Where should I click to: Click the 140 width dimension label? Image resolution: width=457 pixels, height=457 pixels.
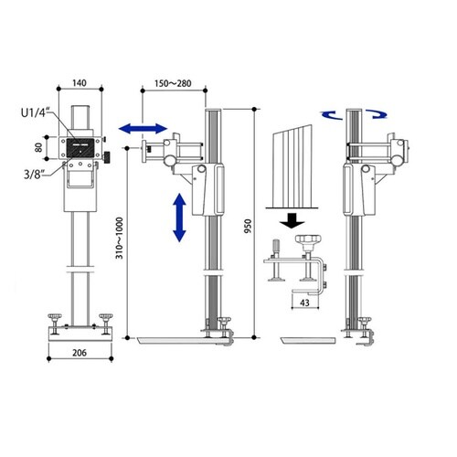(80, 83)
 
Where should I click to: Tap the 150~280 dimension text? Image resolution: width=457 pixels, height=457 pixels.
(173, 83)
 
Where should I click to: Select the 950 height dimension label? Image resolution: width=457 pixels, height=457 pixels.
(249, 226)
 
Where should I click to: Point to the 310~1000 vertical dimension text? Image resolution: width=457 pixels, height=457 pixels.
(119, 239)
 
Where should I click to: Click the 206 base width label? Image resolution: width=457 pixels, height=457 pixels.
(80, 353)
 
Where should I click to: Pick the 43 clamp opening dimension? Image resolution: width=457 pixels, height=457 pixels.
(304, 303)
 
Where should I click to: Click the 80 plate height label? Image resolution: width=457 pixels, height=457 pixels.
(38, 148)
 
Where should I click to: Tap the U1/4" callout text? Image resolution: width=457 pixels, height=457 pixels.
(34, 112)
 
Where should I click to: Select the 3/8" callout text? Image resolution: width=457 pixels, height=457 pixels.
(34, 175)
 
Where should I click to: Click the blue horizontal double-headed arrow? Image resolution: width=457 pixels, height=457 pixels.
(143, 129)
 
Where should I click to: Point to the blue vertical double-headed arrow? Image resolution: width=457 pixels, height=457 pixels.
(179, 218)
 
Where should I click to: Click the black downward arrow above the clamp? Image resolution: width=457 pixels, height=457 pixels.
(292, 220)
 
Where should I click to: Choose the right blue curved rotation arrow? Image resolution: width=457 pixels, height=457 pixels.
(377, 114)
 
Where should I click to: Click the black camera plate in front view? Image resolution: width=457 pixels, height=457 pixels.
(80, 148)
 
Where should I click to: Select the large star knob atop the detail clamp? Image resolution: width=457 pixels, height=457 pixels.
(308, 239)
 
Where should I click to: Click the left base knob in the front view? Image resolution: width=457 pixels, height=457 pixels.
(55, 317)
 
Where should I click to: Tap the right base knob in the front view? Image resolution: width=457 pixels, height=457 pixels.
(106, 317)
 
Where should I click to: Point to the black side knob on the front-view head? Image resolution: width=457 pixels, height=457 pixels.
(107, 157)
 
